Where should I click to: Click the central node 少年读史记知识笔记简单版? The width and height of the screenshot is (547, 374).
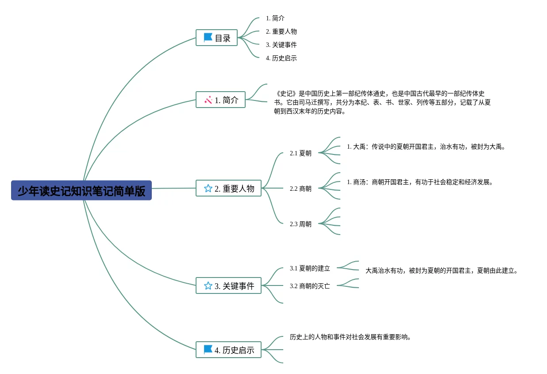coord(81,190)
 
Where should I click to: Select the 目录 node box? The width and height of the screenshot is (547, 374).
coord(217,38)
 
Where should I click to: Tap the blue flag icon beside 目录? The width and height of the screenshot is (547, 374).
coord(208,38)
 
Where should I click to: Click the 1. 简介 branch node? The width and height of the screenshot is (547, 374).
coord(220,100)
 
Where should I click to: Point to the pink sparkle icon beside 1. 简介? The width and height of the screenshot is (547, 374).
coord(208,100)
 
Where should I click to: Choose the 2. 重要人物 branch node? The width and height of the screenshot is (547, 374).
coord(228,188)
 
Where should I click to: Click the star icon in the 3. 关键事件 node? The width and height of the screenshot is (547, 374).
coord(208,285)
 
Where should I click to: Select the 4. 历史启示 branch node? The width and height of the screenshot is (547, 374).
coord(228,350)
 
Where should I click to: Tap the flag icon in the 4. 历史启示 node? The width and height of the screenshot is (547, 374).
coord(208,350)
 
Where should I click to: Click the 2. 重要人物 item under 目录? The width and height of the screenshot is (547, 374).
coord(281,31)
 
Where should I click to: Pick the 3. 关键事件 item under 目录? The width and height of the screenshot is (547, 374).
coord(281,45)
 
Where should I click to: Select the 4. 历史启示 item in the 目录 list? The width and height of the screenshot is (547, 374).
coord(281,58)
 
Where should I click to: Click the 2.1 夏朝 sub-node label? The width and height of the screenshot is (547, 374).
coord(300,153)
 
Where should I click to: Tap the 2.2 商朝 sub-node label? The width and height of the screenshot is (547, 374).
coord(300,189)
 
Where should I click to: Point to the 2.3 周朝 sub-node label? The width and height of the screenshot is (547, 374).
coord(300,224)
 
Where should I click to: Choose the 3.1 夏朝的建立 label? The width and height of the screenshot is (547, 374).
coord(310,268)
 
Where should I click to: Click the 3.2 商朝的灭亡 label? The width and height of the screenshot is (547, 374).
coord(310,286)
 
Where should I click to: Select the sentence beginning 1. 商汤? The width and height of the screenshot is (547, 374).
coord(420,182)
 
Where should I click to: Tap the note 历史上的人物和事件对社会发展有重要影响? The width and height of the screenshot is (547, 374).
coord(351,337)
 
